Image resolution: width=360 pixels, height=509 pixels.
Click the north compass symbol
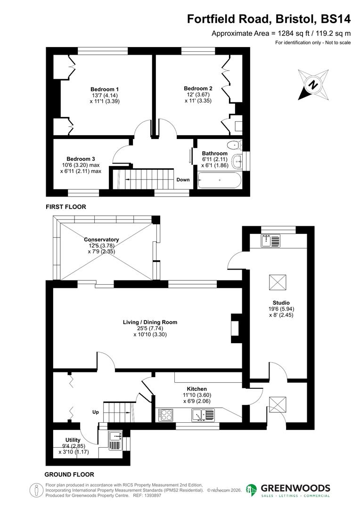(312, 85)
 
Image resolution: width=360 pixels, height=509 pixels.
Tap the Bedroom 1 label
(105, 89)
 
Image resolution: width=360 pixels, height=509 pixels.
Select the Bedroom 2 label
(198, 88)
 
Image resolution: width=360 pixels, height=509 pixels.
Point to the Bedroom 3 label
(81, 159)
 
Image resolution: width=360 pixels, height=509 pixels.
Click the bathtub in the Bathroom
(220, 180)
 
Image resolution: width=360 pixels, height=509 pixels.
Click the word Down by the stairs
(183, 180)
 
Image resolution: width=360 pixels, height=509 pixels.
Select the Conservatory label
(101, 239)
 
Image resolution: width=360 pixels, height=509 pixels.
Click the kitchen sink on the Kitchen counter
(203, 415)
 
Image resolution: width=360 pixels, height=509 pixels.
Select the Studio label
(281, 303)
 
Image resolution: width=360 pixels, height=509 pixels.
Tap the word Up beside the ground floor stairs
(96, 412)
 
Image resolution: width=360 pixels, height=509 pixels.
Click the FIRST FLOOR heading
(66, 207)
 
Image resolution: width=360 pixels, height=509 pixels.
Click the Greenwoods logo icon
(252, 490)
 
